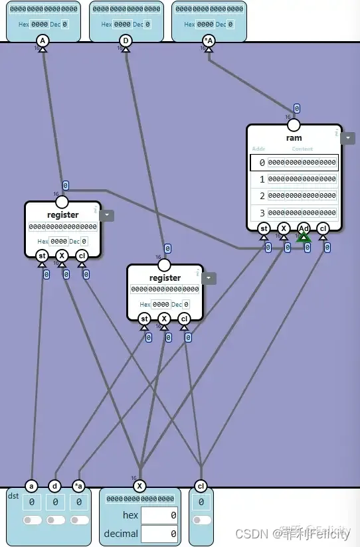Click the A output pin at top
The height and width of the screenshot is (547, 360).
[x=43, y=41]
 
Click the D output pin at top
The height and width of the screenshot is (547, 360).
[x=126, y=41]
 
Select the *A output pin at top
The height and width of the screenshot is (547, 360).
[x=209, y=41]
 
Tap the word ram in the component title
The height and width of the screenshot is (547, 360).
[x=294, y=138]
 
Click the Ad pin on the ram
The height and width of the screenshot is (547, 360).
[x=304, y=228]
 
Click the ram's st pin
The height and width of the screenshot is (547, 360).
[x=264, y=228]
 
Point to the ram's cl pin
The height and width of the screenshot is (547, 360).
[x=323, y=228]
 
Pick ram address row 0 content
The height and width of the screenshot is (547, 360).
[x=302, y=163]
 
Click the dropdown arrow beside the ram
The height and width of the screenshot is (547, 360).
[x=347, y=137]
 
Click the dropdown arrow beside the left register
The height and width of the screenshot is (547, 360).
[x=106, y=215]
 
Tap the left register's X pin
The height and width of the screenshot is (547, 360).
[x=62, y=256]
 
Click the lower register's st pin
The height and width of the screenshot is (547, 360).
[x=144, y=319]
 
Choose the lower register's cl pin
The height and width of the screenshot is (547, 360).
[x=184, y=319]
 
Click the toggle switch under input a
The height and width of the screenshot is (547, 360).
[x=31, y=520]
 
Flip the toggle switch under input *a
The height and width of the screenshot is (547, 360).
[x=79, y=520]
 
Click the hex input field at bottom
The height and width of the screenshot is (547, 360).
[x=159, y=515]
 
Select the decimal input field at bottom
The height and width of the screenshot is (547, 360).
[x=159, y=533]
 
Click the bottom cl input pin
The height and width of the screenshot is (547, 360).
[x=201, y=485]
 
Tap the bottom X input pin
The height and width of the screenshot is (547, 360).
[x=139, y=485]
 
